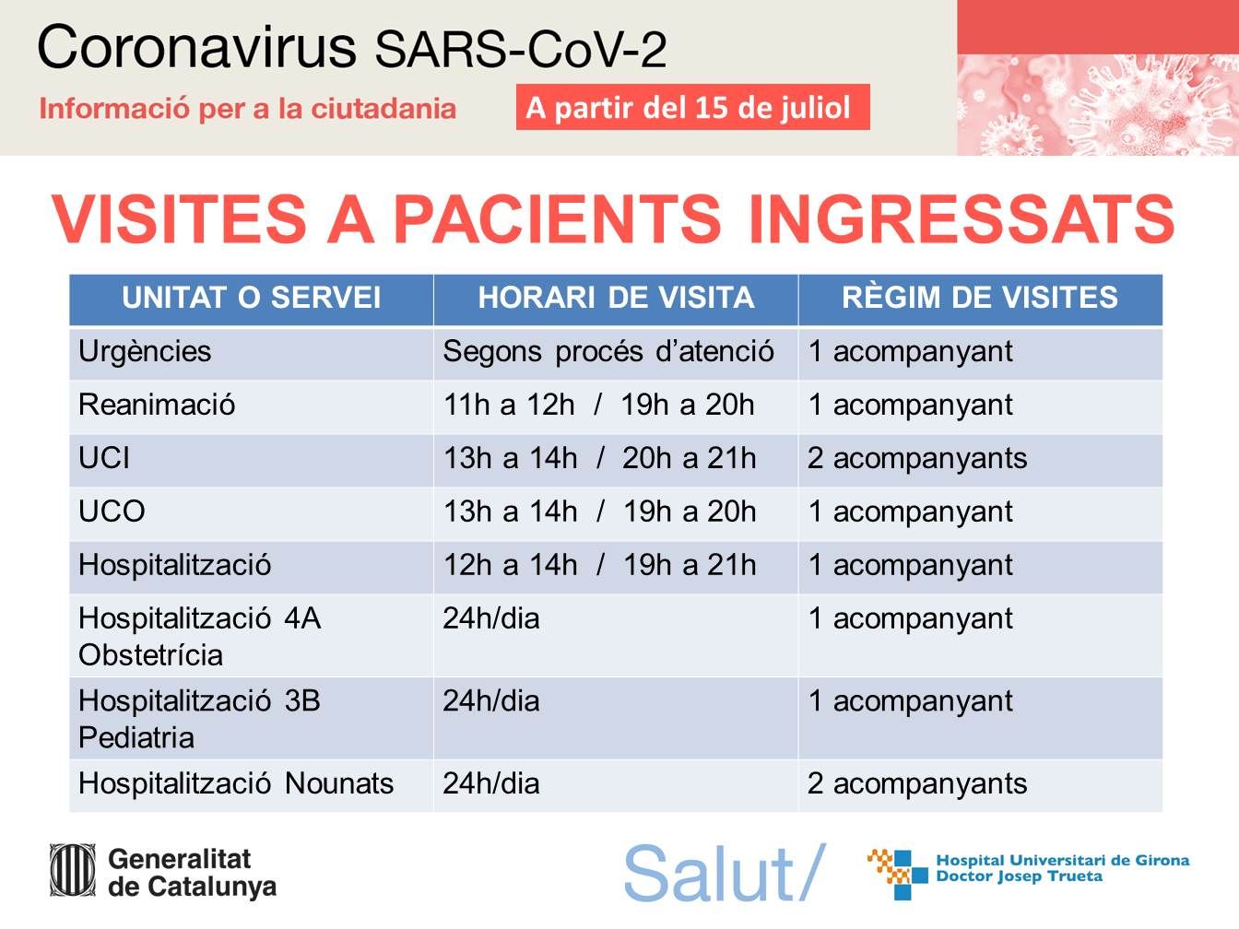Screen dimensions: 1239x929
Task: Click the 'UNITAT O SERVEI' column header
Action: pos(251,298)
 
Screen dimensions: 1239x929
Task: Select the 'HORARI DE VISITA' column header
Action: pos(616,298)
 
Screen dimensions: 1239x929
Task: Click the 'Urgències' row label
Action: pos(145,352)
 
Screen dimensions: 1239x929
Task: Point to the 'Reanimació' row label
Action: pos(157,405)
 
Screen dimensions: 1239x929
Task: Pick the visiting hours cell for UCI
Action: pos(599,458)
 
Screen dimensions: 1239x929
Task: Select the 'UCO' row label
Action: pos(112,511)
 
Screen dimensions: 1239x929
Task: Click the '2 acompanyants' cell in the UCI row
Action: pos(917,459)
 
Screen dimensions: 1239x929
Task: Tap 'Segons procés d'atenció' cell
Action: pos(608,352)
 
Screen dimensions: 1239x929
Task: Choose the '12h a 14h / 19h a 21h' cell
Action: pos(599,565)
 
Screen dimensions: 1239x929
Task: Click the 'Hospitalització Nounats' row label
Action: pos(236,784)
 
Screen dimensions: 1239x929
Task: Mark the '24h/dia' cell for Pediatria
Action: pos(491,701)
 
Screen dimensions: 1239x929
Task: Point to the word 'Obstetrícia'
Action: pos(150,655)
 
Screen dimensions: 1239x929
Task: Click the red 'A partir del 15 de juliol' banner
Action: pos(692,107)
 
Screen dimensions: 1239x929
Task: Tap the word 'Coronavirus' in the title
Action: pos(197,47)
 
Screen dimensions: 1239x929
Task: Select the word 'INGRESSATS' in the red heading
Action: pos(962,218)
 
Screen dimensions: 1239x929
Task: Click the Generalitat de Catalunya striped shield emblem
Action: pos(73,869)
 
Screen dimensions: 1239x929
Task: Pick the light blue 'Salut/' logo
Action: pos(725,872)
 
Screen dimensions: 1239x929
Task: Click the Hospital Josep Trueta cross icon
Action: pos(898,873)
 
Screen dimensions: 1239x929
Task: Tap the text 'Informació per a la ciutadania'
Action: pos(247,109)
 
